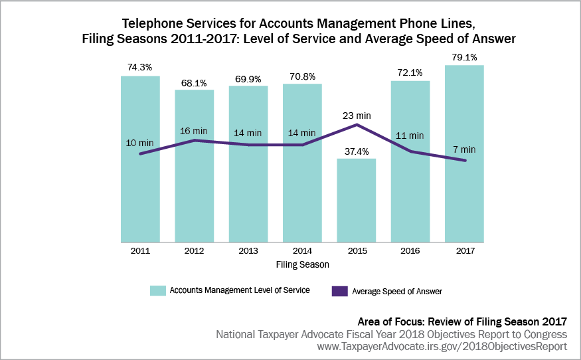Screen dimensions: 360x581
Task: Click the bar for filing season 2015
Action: [x=357, y=200]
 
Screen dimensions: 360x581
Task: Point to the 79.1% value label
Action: [x=464, y=58]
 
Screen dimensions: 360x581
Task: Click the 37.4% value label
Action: [x=357, y=151]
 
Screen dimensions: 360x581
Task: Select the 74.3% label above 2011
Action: [x=140, y=68]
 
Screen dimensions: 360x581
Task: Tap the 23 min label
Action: [x=357, y=115]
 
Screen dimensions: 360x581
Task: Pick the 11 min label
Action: [x=410, y=135]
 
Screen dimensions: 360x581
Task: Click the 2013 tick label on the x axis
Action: [x=248, y=251]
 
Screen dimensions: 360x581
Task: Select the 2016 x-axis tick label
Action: [x=410, y=251]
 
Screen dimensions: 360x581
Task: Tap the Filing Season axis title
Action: [x=302, y=264]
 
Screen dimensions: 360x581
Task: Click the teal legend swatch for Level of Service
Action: [x=157, y=290]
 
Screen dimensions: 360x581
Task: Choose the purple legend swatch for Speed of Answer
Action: [x=339, y=290]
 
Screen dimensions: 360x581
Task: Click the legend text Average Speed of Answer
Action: [x=396, y=291]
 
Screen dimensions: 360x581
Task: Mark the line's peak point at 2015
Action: [x=357, y=124]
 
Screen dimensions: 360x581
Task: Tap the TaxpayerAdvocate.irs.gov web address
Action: [x=442, y=347]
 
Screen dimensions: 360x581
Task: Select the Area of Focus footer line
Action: [x=462, y=321]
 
